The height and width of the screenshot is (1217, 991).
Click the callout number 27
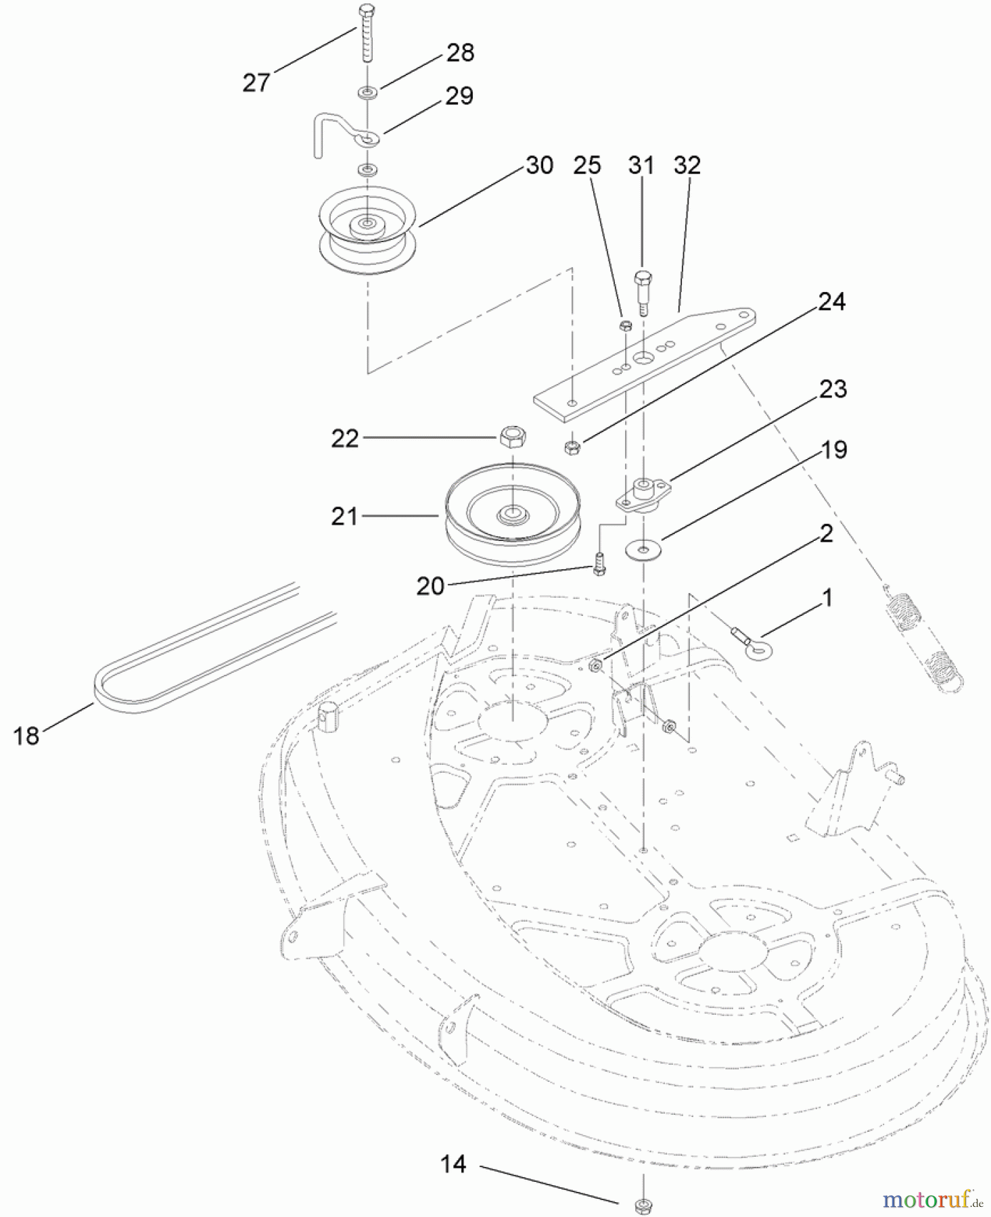[256, 83]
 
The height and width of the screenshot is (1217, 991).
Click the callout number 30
[539, 165]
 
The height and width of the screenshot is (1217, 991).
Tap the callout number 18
[26, 736]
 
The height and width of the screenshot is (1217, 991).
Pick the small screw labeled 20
[599, 564]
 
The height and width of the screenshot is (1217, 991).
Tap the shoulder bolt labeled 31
[642, 291]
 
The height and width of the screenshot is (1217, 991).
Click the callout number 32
[687, 165]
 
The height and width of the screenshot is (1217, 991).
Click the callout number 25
[587, 165]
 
